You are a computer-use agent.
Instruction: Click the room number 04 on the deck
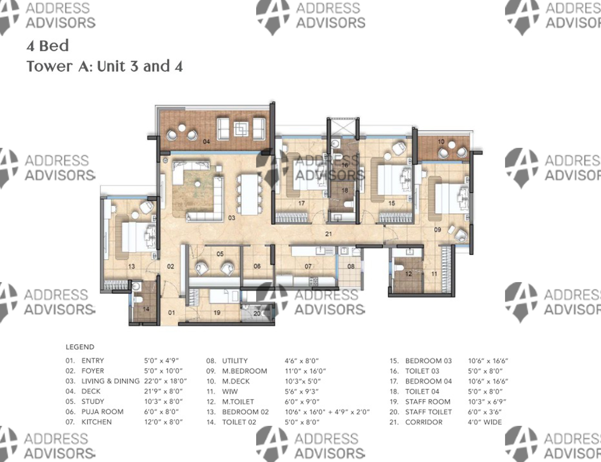click(206, 141)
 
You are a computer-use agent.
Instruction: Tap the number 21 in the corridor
click(328, 234)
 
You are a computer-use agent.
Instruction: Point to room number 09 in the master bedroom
click(438, 230)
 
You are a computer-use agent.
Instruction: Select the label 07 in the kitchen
click(308, 266)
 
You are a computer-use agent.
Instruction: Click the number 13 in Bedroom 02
click(132, 266)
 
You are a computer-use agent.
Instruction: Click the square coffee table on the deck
click(241, 128)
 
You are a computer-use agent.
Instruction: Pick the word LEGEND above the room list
click(80, 347)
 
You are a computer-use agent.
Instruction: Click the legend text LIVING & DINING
click(110, 381)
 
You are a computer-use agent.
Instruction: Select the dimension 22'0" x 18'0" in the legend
click(165, 381)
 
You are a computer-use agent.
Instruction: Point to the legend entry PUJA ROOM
click(102, 412)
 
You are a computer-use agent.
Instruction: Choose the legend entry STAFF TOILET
click(429, 412)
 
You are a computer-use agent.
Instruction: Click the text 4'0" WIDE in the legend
click(485, 422)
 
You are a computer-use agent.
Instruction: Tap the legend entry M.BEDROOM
click(244, 371)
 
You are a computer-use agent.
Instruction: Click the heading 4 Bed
click(48, 46)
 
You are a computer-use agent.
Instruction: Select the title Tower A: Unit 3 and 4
click(105, 66)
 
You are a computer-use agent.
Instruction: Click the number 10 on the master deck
click(441, 141)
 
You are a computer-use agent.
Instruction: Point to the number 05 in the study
click(220, 254)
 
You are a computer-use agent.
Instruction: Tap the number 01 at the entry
click(172, 313)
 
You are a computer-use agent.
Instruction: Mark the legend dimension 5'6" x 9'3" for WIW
click(301, 391)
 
